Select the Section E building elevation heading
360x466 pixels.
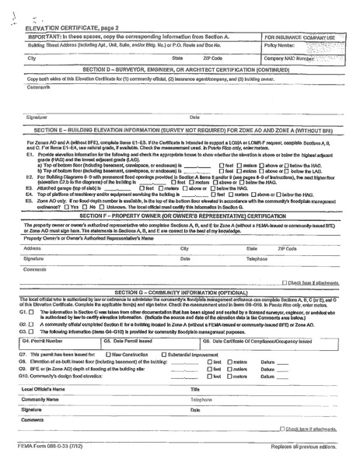(180, 124)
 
